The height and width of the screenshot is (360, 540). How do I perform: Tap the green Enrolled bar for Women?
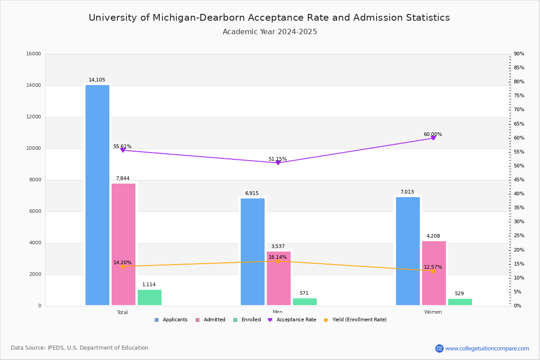pos(460,302)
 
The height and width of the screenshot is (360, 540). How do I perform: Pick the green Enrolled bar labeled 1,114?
pos(149,297)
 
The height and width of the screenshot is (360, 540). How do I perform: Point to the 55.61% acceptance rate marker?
pos(122,150)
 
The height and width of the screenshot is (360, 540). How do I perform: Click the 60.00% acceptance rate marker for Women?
pos(433,138)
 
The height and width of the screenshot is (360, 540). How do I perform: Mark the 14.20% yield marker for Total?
pos(122,266)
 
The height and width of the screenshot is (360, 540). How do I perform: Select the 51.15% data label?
pos(278,159)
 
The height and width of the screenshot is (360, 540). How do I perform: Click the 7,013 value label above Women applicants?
pos(407,192)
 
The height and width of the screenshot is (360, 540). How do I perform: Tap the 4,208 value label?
pos(433,236)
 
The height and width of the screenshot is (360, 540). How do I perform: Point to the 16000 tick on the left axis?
pos(34,54)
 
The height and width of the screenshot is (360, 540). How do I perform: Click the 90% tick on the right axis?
pos(519,54)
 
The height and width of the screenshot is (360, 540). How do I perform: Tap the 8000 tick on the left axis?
pos(35,180)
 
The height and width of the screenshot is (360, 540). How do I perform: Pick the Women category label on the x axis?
pos(433,312)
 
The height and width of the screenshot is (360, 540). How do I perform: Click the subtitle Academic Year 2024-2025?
pos(270,32)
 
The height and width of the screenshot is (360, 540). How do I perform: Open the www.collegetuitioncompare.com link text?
pos(487,348)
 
